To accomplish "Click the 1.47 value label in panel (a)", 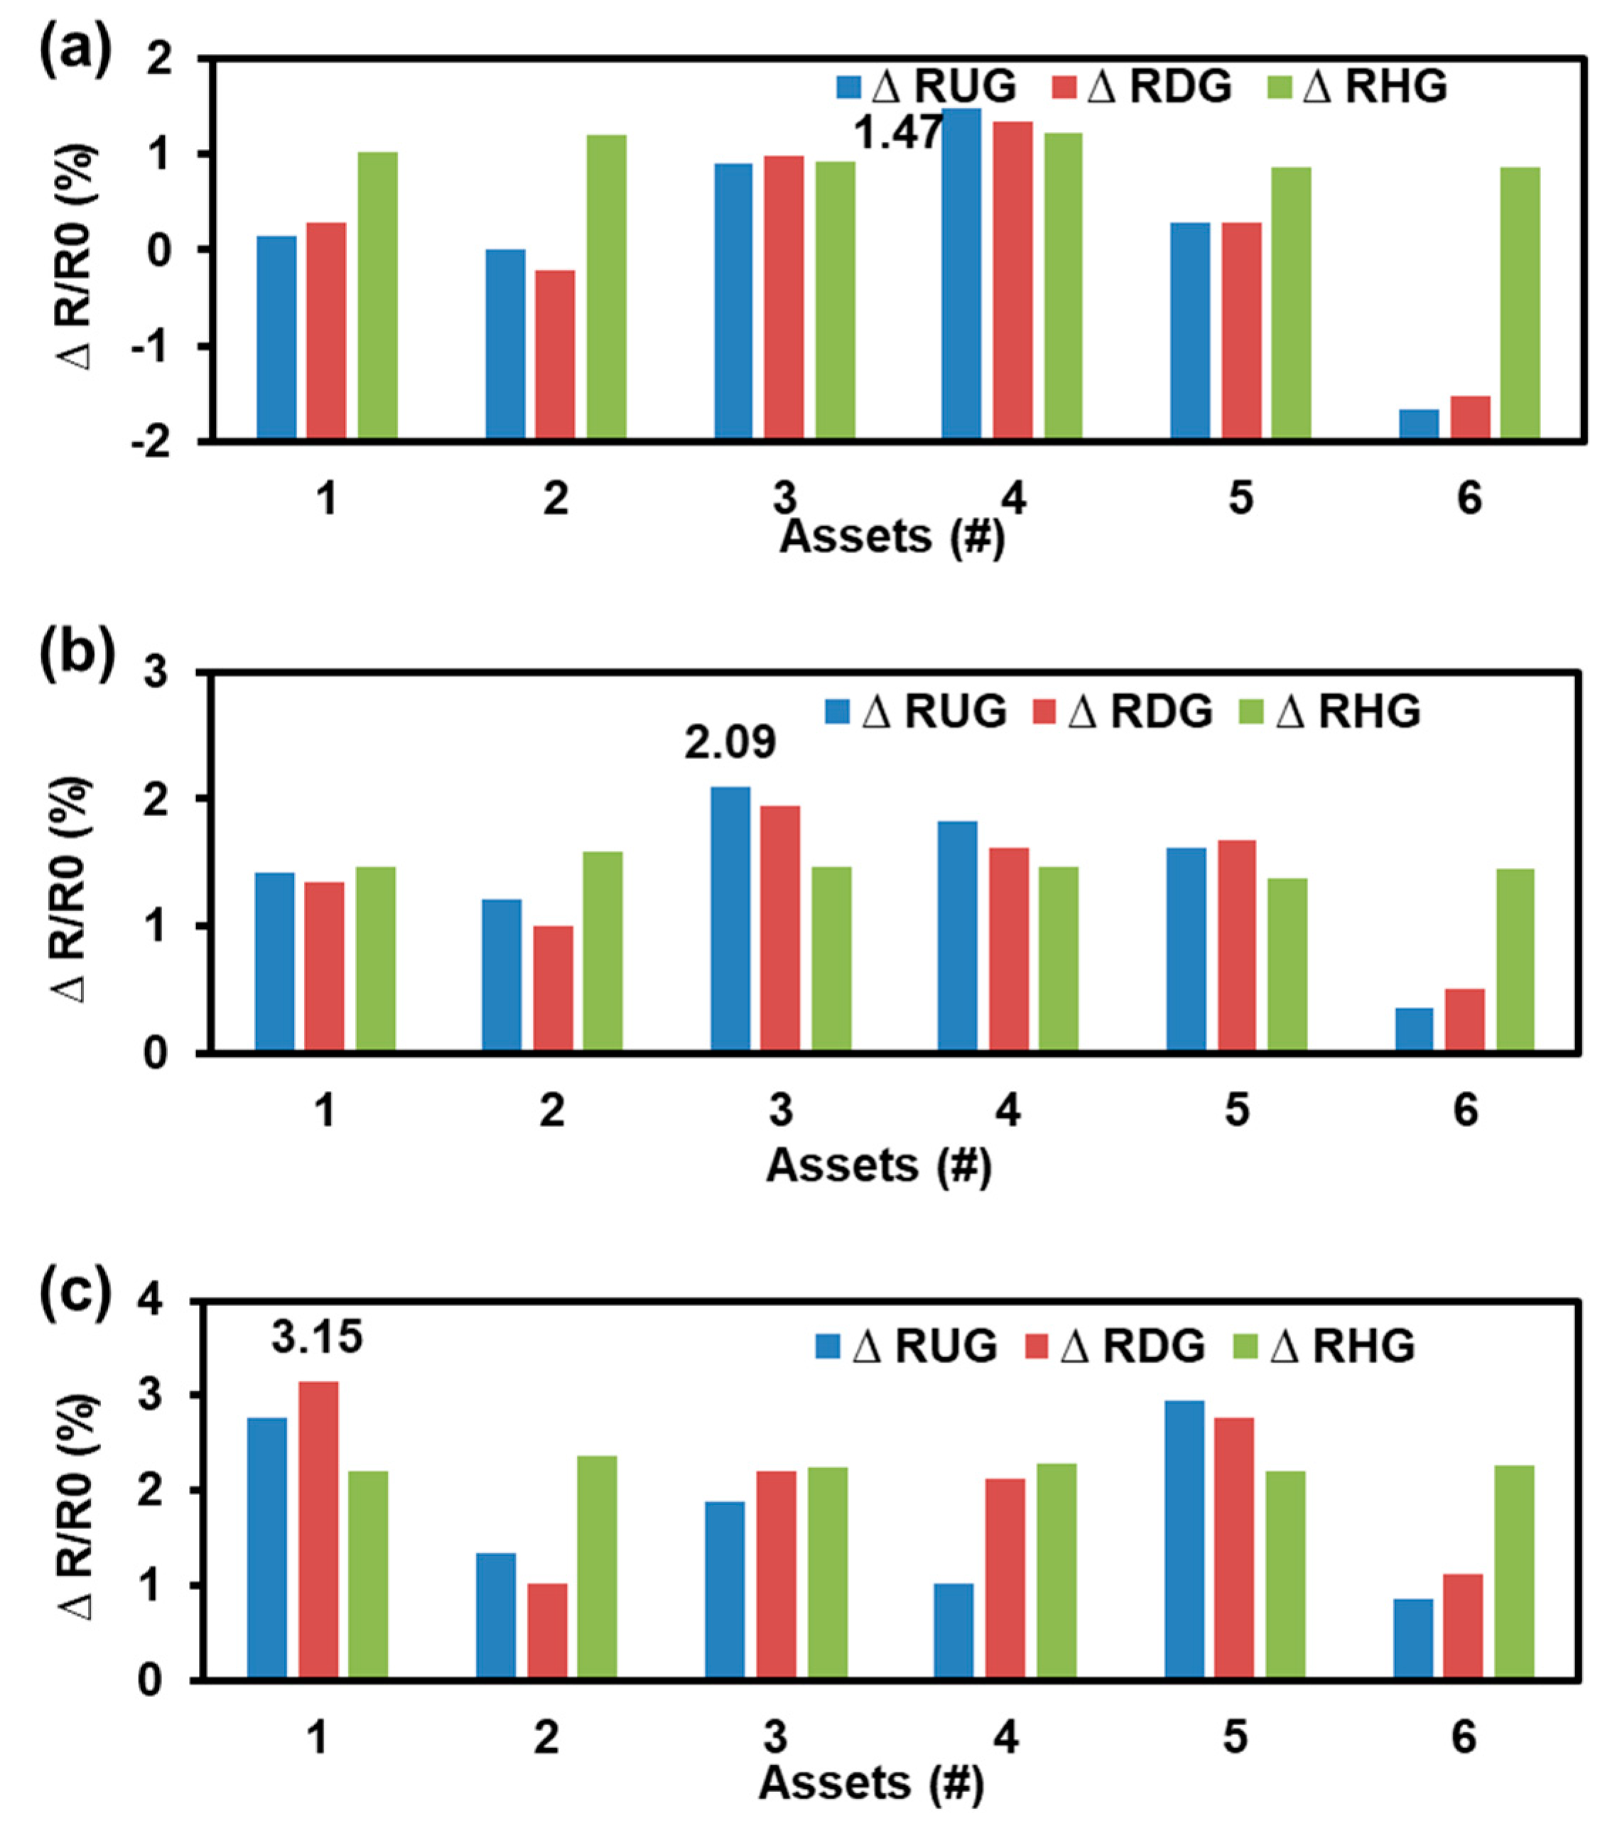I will pos(897,134).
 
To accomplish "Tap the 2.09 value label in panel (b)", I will pos(729,743).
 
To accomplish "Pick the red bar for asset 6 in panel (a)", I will pos(1469,417).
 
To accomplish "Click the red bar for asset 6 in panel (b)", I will pos(1464,1020).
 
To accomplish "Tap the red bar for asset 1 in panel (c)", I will pos(318,1531).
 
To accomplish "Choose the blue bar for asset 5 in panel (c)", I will pos(1184,1540).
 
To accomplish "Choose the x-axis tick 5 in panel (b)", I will pos(1236,1110).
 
